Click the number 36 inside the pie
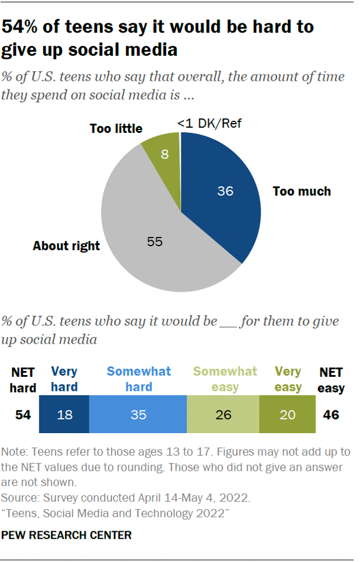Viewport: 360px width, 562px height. (x=225, y=190)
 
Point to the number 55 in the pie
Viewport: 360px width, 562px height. (x=154, y=241)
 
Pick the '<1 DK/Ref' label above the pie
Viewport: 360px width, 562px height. (x=209, y=123)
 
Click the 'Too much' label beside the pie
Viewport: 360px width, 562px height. (x=301, y=191)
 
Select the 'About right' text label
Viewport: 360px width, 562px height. (x=66, y=246)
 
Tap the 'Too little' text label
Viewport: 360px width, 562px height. (x=116, y=128)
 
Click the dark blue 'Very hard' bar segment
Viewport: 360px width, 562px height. (x=64, y=415)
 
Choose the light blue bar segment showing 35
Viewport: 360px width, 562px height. (x=138, y=415)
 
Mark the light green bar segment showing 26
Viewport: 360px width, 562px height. (x=223, y=415)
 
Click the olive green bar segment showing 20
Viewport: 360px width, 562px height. (x=287, y=415)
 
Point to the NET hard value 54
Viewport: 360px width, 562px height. (x=23, y=415)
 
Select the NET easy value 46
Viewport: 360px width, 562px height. (x=330, y=415)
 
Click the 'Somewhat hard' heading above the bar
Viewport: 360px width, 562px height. (x=138, y=379)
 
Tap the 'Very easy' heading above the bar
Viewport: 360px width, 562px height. (x=287, y=379)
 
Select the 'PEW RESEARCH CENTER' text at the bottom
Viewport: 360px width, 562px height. (x=66, y=535)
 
